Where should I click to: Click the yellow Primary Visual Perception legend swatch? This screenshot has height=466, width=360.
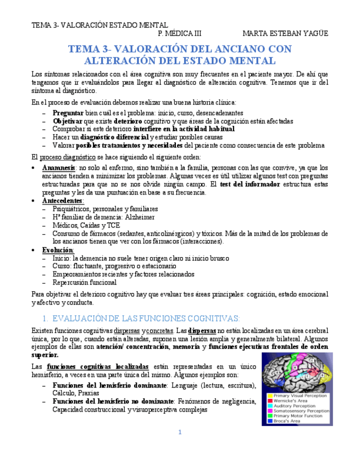point(269,396)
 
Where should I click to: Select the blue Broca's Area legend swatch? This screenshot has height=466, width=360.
point(269,420)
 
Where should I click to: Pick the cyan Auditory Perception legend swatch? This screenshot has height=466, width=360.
point(269,406)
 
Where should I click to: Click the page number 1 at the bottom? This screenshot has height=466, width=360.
point(180,432)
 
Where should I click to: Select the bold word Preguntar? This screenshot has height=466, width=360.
point(68,113)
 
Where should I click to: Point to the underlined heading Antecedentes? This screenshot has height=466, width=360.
point(63,201)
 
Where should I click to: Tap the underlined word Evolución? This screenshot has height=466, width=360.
point(58,250)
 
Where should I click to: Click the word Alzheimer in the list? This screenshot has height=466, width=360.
point(141,218)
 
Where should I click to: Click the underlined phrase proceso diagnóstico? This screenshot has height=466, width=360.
point(64,157)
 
